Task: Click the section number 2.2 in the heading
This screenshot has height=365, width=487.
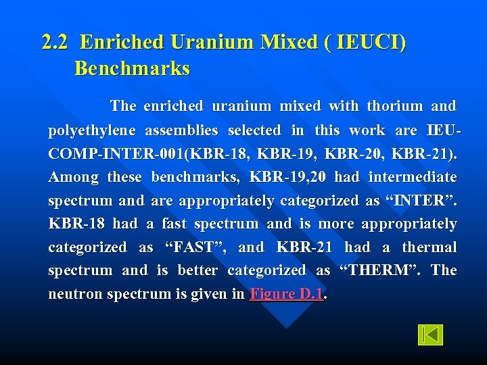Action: click(x=55, y=43)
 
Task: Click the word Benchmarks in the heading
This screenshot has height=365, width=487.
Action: click(x=132, y=69)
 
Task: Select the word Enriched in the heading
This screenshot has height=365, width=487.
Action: click(x=122, y=43)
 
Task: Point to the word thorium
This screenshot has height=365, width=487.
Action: click(x=394, y=106)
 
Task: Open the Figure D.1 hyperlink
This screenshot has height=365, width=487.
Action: click(x=287, y=294)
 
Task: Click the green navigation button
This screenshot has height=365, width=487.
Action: click(x=430, y=335)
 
